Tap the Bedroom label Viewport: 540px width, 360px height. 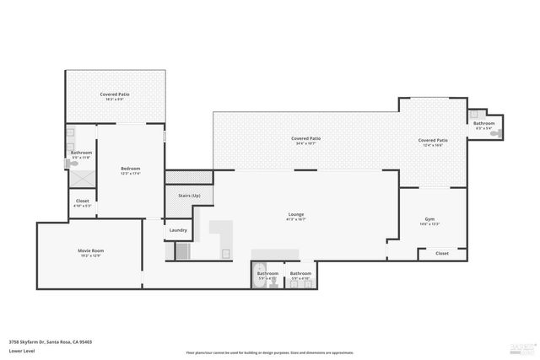coord(130,169)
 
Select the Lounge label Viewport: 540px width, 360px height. coord(296,216)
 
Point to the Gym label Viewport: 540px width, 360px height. coord(429,221)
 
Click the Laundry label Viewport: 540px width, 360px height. coord(178,230)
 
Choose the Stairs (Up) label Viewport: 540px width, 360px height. coord(189,196)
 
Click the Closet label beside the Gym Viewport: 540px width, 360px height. coord(442,253)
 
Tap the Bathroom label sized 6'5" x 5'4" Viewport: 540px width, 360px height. coord(483,125)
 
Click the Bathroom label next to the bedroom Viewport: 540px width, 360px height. coord(81,153)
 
